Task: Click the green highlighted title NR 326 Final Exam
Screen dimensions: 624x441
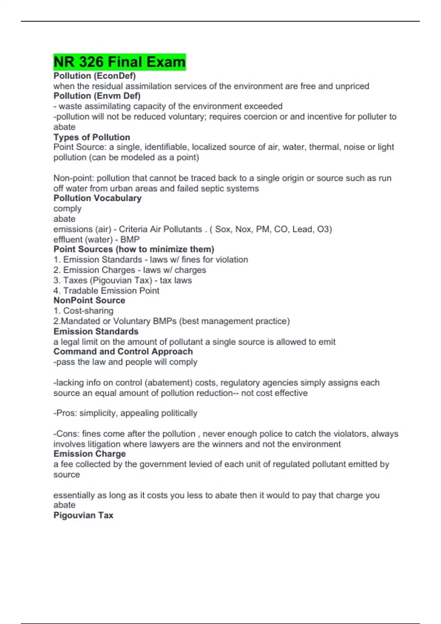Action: (x=119, y=62)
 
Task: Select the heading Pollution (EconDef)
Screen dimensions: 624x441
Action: (x=94, y=76)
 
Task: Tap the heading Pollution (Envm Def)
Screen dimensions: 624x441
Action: (x=97, y=96)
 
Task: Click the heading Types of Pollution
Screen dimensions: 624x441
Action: (x=92, y=137)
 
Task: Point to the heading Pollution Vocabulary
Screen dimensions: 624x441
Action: (x=97, y=198)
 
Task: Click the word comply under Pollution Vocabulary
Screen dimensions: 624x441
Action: (x=67, y=208)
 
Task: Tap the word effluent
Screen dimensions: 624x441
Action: (x=68, y=240)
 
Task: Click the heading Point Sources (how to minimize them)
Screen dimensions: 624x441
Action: (x=134, y=249)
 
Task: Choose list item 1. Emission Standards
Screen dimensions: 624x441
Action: (x=98, y=260)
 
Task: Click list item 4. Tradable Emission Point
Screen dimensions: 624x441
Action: (x=107, y=291)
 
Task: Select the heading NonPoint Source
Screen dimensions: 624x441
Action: (x=89, y=300)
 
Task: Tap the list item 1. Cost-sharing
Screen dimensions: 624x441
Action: (x=83, y=311)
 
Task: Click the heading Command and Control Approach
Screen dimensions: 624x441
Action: (x=123, y=352)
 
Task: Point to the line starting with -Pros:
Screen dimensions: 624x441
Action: (x=125, y=413)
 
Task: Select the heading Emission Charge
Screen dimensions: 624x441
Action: (x=90, y=454)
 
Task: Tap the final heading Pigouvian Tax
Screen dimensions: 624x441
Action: (x=83, y=515)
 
